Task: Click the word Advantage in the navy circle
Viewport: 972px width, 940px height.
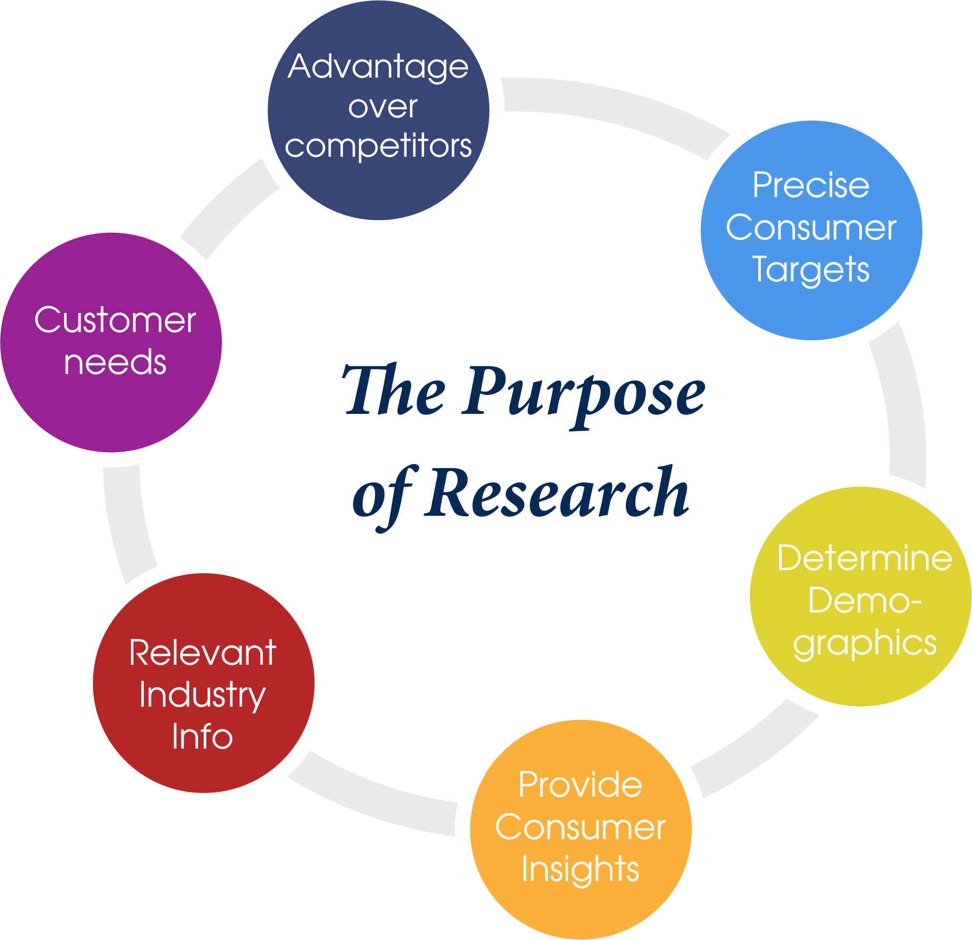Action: pos(378,68)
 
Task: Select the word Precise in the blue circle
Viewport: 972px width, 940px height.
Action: pos(811,185)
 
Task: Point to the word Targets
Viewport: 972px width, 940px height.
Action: pos(811,270)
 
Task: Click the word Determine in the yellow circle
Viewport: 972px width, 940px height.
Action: pos(864,558)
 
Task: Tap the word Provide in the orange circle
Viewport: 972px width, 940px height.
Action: pos(580,785)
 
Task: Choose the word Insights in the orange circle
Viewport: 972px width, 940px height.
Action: pos(580,870)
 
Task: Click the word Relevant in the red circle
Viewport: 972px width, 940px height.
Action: pos(202,653)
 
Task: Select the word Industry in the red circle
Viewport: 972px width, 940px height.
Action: pos(202,696)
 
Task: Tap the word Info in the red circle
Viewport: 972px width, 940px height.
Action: pos(202,737)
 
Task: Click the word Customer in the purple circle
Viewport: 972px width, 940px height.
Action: pos(115,320)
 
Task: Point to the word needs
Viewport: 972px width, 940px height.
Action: pos(115,362)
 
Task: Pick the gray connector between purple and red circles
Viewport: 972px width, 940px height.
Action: pos(127,523)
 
